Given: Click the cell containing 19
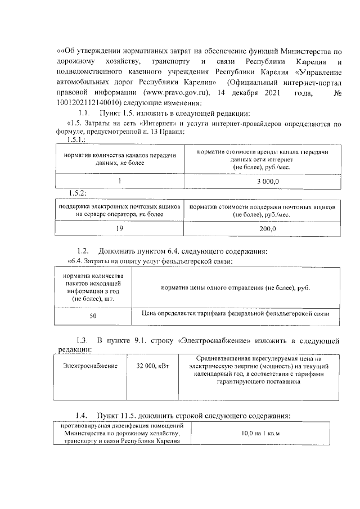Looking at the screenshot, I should [119, 229].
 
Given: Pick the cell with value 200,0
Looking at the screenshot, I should [263, 229].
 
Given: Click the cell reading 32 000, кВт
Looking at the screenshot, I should [150, 366].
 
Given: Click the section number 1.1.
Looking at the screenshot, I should [84, 113].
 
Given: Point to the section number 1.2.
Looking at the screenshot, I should [83, 250].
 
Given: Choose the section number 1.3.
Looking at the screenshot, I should [83, 341].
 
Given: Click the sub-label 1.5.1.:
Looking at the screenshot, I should [75, 139].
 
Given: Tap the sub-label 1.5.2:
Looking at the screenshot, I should [76, 193].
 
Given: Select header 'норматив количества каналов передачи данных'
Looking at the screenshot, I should [120, 159].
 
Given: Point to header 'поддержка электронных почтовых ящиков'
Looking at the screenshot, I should [119, 211].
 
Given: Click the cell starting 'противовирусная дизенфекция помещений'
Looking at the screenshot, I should [122, 433].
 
